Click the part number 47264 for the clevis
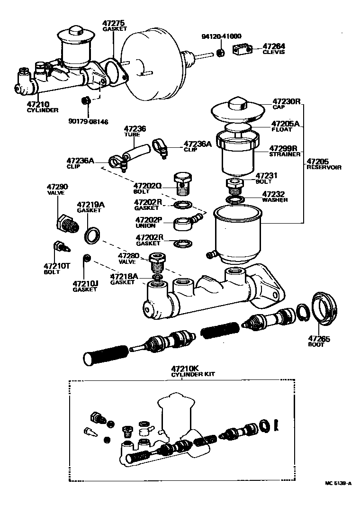point(274,46)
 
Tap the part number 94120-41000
point(221,36)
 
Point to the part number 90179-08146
point(88,122)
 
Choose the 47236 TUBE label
point(135,131)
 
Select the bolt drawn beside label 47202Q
point(183,183)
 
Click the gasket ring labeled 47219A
point(92,235)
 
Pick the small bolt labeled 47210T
point(59,248)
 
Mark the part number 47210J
point(85,284)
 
